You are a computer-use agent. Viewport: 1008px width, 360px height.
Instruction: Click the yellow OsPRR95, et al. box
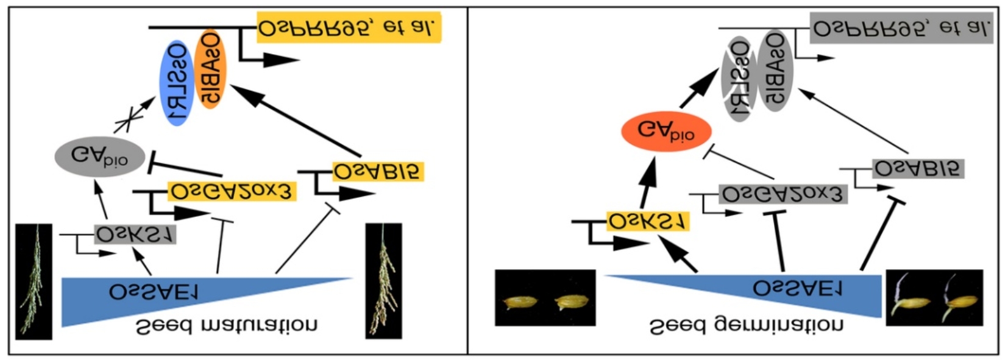pyautogui.click(x=349, y=28)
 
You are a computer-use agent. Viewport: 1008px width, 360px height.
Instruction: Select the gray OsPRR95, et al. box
pyautogui.click(x=901, y=29)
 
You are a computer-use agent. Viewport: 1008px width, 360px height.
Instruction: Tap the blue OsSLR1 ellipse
pyautogui.click(x=176, y=83)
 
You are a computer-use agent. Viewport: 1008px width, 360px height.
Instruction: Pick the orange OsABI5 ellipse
pyautogui.click(x=211, y=68)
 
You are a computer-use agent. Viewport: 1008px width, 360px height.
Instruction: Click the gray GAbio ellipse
pyautogui.click(x=100, y=156)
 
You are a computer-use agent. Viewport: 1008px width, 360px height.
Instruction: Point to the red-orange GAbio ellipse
pyautogui.click(x=666, y=131)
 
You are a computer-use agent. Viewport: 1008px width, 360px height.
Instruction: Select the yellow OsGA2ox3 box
pyautogui.click(x=232, y=191)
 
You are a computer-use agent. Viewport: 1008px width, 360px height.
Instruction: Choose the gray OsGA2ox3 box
pyautogui.click(x=783, y=194)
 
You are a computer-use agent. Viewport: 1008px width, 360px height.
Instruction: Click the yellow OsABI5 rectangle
pyautogui.click(x=378, y=172)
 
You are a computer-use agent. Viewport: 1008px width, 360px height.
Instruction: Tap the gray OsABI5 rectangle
pyautogui.click(x=918, y=168)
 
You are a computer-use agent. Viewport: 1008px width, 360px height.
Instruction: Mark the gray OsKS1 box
pyautogui.click(x=135, y=234)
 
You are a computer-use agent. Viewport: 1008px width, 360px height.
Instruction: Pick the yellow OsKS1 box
pyautogui.click(x=648, y=221)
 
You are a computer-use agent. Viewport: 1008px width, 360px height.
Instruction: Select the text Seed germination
pyautogui.click(x=746, y=326)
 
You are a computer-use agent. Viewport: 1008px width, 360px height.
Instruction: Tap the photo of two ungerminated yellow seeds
pyautogui.click(x=545, y=298)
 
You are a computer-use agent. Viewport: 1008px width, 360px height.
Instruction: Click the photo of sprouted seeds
pyautogui.click(x=934, y=297)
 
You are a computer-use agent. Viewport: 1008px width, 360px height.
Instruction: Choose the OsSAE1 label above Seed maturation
pyautogui.click(x=154, y=292)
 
